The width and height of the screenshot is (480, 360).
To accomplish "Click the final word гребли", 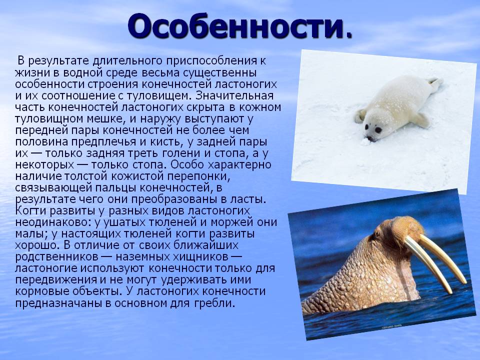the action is tap(214, 303).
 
